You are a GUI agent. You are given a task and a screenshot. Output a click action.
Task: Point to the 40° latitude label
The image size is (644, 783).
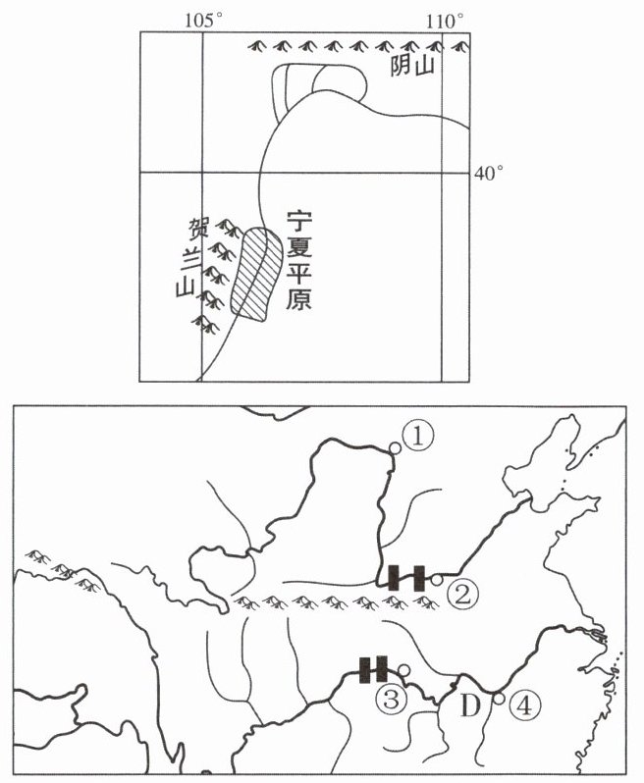click(x=489, y=173)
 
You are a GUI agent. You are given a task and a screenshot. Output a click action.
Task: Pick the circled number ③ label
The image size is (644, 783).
click(x=391, y=699)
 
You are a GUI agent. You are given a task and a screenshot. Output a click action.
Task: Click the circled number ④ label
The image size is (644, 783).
click(x=526, y=705)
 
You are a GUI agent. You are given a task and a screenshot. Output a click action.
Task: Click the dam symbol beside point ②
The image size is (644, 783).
click(x=405, y=578)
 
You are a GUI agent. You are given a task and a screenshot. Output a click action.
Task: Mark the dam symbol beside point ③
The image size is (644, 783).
click(x=373, y=669)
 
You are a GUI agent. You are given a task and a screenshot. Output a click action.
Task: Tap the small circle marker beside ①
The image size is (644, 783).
click(x=395, y=448)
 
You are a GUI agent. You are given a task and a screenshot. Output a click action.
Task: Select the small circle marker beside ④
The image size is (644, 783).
click(x=499, y=699)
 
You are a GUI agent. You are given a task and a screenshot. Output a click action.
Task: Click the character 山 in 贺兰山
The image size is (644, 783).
click(x=181, y=287)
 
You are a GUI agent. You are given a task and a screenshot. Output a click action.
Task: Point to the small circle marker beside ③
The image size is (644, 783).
click(x=402, y=669)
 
